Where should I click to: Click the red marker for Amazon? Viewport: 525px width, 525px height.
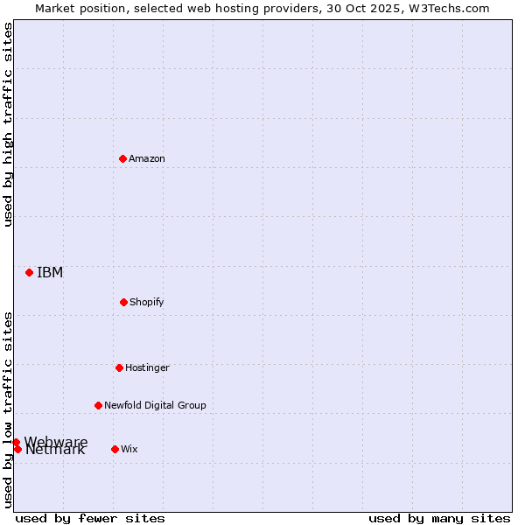(x=123, y=158)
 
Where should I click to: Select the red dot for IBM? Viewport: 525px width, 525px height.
(x=29, y=272)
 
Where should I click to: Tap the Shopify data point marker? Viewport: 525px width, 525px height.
(x=123, y=302)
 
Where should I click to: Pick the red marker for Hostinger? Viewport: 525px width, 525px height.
(x=119, y=367)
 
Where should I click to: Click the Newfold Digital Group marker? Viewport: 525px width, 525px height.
(x=98, y=405)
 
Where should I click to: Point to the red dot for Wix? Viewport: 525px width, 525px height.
(x=115, y=449)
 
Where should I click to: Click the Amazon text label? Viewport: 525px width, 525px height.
(x=147, y=158)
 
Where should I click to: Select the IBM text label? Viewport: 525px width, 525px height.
(x=50, y=272)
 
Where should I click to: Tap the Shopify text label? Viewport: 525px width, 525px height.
(x=147, y=302)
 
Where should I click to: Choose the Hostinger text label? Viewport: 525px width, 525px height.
(x=147, y=367)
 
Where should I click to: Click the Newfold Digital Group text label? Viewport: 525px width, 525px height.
(x=155, y=405)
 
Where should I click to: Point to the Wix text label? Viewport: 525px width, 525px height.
(x=129, y=449)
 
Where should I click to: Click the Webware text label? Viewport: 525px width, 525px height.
(x=56, y=441)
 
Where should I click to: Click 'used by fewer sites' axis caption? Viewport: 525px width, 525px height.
(x=90, y=518)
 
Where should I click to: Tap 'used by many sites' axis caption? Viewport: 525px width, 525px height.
(x=439, y=518)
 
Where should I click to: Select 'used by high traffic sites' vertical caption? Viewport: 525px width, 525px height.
(x=8, y=124)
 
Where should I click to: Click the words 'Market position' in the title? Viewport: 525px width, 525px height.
(x=75, y=8)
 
